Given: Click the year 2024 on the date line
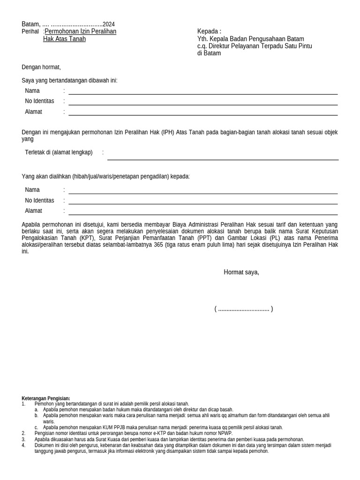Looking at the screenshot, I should click(108, 24).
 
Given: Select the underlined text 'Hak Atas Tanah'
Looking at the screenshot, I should click(64, 39).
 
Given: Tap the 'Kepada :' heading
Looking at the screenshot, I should click(209, 31).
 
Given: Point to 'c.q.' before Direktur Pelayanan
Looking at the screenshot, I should click(202, 46).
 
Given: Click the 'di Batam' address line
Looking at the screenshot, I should click(209, 53).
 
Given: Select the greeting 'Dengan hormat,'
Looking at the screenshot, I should click(41, 67).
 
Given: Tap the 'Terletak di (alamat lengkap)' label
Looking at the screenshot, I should click(59, 152).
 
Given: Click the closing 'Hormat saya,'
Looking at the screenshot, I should click(241, 272).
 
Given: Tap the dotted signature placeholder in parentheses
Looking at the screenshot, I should click(243, 309).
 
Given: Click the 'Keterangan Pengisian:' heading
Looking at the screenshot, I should click(46, 398).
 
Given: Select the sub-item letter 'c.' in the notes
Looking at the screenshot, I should click(37, 427).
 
